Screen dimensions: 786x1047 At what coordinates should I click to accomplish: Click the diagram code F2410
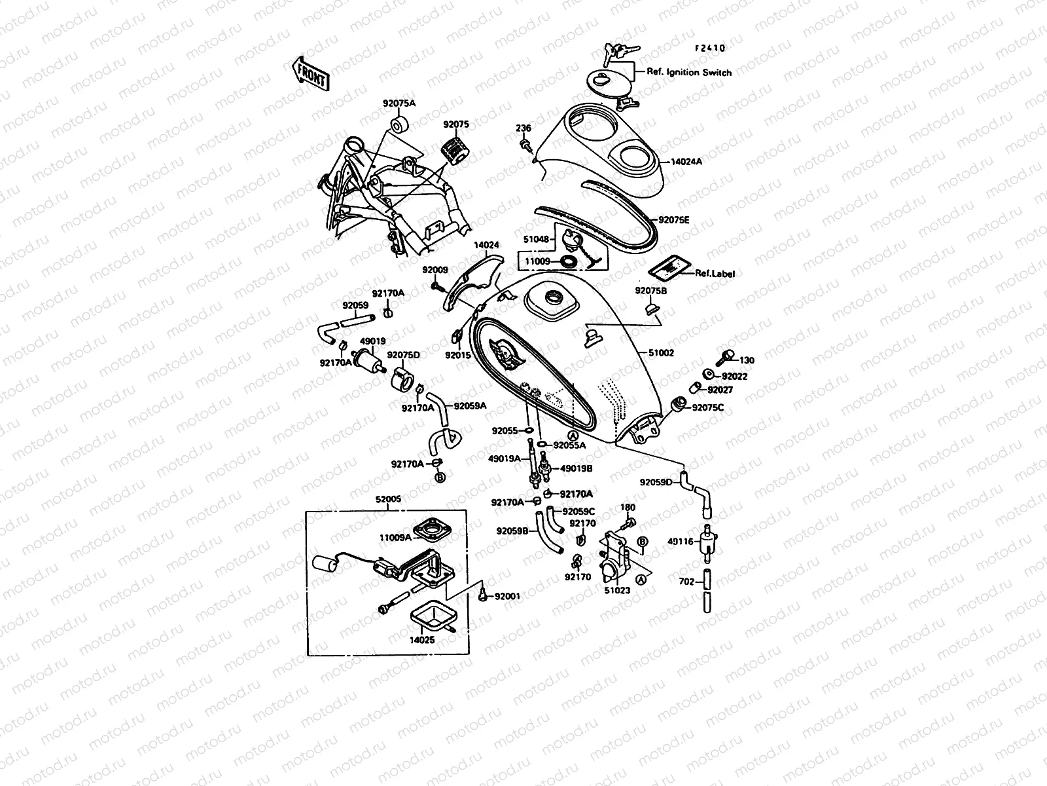click(x=710, y=48)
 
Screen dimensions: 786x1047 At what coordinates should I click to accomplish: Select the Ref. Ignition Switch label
click(x=689, y=73)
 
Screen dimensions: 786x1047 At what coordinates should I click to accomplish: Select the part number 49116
click(x=680, y=542)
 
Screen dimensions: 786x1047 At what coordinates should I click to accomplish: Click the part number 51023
click(x=616, y=590)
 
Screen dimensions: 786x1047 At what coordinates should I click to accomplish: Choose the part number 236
click(x=523, y=128)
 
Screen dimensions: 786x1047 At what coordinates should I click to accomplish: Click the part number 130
click(x=747, y=360)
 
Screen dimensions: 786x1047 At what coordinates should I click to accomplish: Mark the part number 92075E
click(x=674, y=221)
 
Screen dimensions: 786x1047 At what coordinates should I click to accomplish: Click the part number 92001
click(x=507, y=597)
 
